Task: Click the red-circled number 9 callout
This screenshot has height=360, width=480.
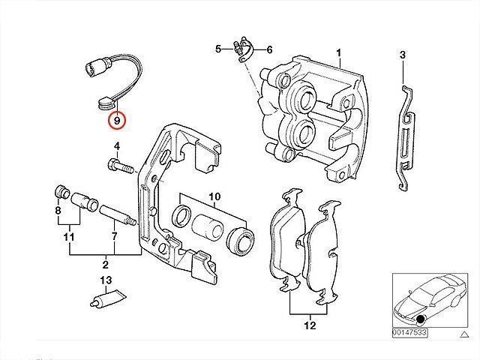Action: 117,121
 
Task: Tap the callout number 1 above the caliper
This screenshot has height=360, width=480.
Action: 338,53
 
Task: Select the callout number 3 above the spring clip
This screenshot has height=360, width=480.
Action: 403,55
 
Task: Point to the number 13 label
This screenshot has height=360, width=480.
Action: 106,280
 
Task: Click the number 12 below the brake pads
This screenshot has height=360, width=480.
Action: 310,325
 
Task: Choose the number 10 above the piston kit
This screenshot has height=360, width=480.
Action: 214,196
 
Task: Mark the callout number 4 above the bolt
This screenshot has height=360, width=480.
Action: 117,146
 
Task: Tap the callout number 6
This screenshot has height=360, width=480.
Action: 269,49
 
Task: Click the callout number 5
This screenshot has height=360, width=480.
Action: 218,49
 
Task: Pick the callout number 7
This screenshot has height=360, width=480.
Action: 114,236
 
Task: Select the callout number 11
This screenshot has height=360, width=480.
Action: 69,237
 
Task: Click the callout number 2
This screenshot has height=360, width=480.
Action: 105,264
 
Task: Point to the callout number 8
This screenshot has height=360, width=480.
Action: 58,210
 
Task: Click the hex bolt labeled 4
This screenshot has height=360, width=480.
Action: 121,166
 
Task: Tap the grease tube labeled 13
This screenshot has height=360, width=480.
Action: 108,298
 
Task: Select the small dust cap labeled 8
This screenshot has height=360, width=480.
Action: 61,192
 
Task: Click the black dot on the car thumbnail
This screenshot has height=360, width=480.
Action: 421,319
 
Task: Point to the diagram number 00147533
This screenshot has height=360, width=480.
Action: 409,332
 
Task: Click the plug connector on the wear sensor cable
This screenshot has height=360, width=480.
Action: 96,67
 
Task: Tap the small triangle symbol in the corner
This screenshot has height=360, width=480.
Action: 465,334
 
